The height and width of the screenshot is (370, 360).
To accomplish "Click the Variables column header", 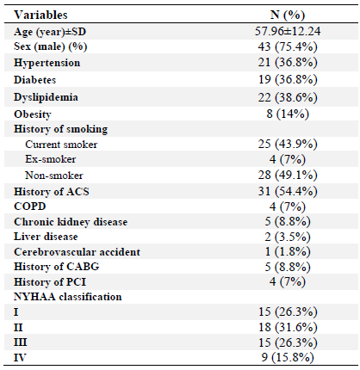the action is pos(40,15).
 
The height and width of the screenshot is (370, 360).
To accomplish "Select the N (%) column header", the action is pos(288,15).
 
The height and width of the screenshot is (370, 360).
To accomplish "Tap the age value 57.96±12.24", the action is pos(288,31).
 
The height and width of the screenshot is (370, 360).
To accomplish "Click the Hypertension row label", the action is pos(47,63).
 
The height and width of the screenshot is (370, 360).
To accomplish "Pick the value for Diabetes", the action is pos(288,79).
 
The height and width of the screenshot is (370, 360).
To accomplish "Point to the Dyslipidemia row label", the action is pos(46,97).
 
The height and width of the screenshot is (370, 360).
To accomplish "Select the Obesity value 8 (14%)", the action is pos(288,114).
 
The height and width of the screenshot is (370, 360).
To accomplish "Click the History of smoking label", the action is pos(60,129).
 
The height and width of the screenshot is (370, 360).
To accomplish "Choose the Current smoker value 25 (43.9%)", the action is pos(288,144).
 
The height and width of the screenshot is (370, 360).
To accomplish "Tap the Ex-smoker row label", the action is pos(51,159).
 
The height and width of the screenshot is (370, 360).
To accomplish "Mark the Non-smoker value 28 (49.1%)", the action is pos(288,175).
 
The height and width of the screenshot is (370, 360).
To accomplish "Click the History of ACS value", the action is pos(288,191).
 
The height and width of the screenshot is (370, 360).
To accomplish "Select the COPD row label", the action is pos(30,207).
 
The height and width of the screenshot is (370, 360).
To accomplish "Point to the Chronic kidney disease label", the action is pos(71,222).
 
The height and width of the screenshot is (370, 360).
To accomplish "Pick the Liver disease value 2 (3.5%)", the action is pos(288,237).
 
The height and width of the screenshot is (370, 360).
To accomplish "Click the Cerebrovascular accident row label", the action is pos(77,252).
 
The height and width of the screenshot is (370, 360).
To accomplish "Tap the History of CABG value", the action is pos(288,267).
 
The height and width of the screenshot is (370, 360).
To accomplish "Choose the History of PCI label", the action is pos(50,282).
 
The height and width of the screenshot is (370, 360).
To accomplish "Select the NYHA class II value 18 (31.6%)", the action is pos(288,327).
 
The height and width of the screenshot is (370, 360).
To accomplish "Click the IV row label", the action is pos(20,358).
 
